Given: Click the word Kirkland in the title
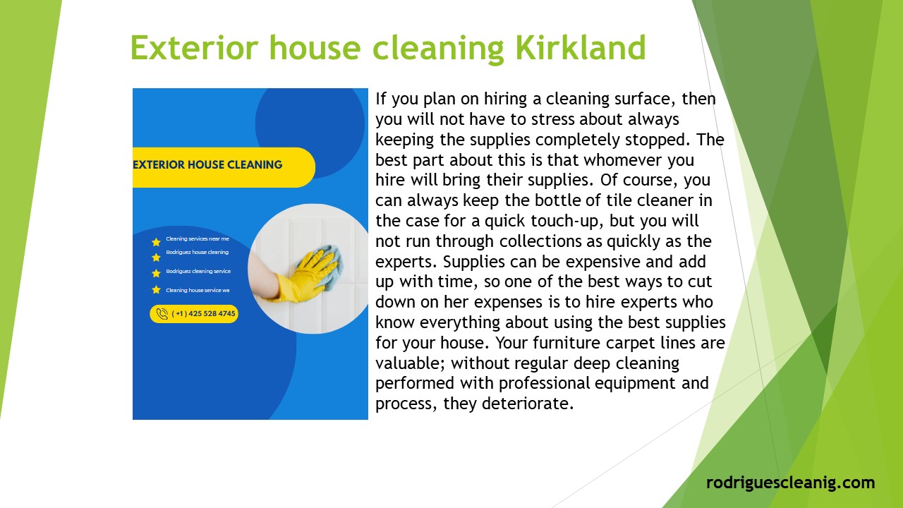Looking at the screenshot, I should point(581,48).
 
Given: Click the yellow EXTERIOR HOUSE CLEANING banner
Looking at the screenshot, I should point(212,165).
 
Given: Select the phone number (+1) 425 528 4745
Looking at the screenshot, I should point(204,314).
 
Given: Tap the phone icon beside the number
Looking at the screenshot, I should point(162,314).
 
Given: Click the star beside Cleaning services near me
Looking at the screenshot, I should point(156,242).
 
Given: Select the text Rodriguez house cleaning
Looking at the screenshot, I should point(198,252).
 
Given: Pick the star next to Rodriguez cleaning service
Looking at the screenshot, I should point(156,273).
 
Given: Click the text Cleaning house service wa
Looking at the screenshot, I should point(198,290).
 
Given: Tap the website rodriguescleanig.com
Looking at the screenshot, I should point(790,483).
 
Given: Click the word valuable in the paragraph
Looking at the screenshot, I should point(409,363).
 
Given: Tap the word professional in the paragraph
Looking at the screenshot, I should point(545,384).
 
